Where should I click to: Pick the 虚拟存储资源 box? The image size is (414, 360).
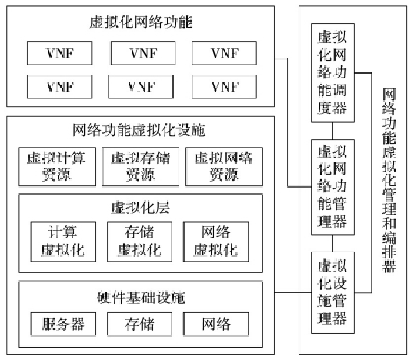point(140,165)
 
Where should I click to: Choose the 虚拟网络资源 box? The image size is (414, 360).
point(224,165)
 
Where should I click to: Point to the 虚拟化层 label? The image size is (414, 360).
point(141,207)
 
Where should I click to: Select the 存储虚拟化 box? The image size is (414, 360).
point(140,241)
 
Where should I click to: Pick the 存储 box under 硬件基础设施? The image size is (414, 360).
point(140,323)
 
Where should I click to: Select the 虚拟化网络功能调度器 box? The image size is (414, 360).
point(332,72)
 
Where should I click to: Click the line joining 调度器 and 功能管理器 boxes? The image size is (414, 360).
point(332,130)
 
